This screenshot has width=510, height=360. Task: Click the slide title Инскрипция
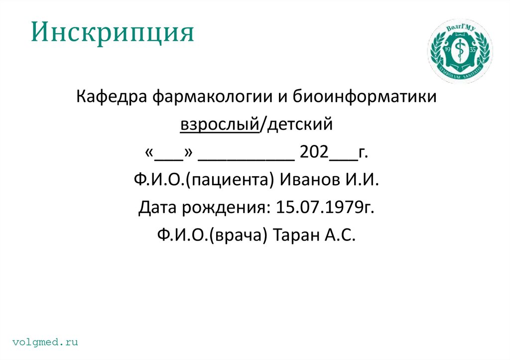click(113, 33)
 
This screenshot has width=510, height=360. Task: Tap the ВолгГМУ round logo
click(459, 53)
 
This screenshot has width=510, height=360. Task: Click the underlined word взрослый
click(220, 124)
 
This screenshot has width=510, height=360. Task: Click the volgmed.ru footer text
click(46, 342)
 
